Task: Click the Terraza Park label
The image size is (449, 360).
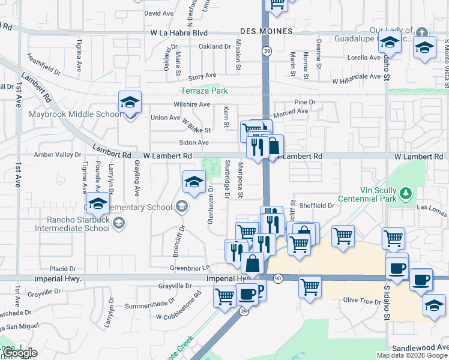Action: click(x=205, y=91)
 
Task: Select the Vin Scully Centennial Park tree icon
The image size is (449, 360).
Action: click(x=407, y=193)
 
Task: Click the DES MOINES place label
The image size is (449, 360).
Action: click(x=266, y=31)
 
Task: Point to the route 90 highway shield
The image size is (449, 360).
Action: click(x=277, y=278)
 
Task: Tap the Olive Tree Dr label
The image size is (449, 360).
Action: click(x=360, y=299)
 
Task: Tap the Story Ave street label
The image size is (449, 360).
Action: click(x=202, y=76)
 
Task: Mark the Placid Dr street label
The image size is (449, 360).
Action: click(x=63, y=269)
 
